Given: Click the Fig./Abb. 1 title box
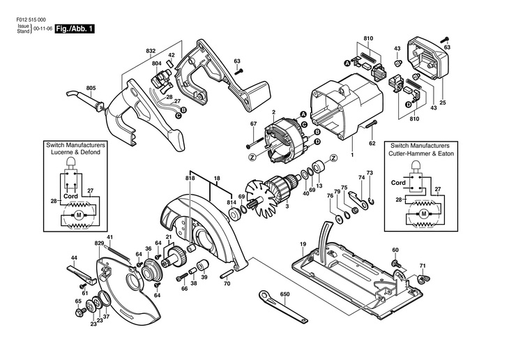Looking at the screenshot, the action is (x=75, y=29).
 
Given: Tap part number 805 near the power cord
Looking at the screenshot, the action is (x=91, y=88).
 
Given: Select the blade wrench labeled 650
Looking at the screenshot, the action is (x=283, y=306).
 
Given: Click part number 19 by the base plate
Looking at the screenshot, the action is (x=303, y=243).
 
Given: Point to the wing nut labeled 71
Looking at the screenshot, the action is (x=420, y=278).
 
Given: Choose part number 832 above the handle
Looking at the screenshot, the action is (x=151, y=51).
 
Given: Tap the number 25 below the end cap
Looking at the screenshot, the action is (x=443, y=103).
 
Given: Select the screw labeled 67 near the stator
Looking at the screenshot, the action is (x=254, y=142).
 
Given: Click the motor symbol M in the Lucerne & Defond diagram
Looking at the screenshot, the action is (x=78, y=214).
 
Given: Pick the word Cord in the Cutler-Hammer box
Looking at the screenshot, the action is (x=398, y=183).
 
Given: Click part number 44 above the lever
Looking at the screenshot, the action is (x=74, y=257).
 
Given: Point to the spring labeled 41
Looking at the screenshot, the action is (x=119, y=253).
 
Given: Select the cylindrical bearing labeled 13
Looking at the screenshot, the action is (x=317, y=166).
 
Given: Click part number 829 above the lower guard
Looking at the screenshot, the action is (x=99, y=243).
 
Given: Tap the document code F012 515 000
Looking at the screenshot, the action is (x=31, y=20).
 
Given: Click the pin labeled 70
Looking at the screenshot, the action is (x=227, y=273).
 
